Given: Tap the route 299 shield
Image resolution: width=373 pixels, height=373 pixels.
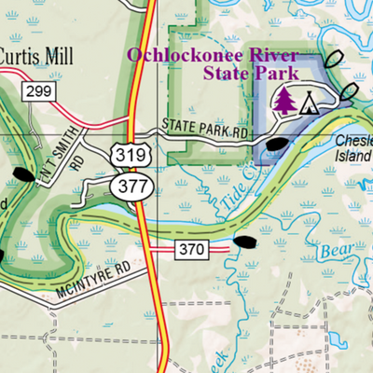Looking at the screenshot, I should [37, 91].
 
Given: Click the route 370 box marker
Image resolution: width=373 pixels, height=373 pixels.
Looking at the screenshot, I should [189, 248].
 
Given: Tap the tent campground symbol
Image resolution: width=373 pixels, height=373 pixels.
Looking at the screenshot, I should [307, 101].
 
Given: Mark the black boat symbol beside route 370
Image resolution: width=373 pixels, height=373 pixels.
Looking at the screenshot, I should [244, 242].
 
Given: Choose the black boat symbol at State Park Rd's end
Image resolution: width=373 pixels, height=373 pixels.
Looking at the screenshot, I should [279, 144].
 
